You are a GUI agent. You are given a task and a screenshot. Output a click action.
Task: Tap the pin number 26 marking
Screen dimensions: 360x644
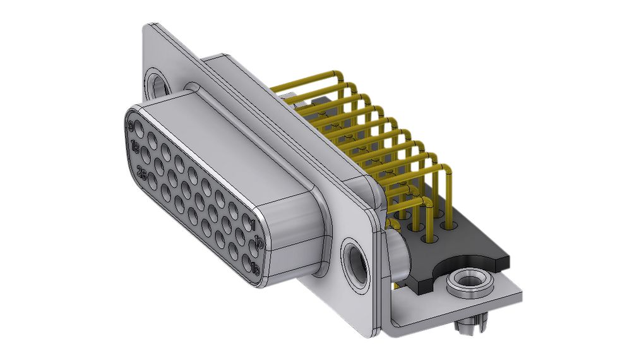[x=142, y=176]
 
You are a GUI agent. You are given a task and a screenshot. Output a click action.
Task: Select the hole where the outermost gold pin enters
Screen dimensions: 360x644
[x=452, y=224]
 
